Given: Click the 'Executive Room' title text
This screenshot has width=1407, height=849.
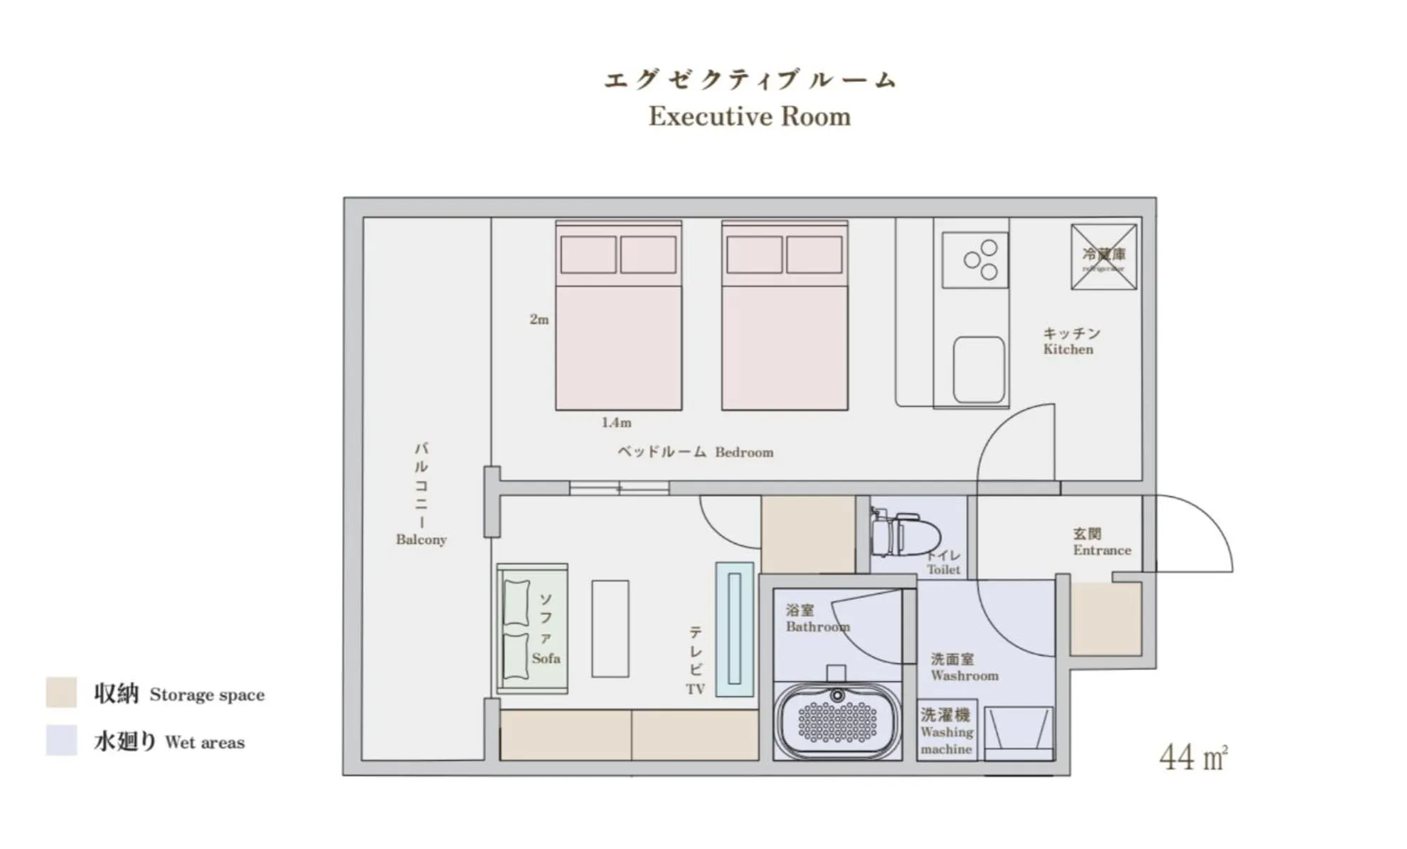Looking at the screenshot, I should coord(749,116).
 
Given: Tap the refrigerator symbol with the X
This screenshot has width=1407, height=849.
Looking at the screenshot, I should coord(1103,257).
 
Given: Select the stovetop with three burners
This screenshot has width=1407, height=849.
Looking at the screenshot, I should coord(975,260).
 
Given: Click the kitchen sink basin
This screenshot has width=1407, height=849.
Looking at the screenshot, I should coord(979,370).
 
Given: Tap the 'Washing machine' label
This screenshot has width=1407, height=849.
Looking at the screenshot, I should coord(946,732).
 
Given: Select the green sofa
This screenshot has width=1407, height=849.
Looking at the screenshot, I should coord(532,628).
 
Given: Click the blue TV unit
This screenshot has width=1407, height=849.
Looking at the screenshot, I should coord(734,628).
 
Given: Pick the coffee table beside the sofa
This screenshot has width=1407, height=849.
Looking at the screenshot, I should coord(610,628).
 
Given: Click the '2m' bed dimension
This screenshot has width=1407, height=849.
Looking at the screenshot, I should coord(539,320).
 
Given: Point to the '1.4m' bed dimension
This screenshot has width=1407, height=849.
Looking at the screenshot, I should coord(616,423).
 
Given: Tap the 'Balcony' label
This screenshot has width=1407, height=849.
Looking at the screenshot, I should coord(421,539).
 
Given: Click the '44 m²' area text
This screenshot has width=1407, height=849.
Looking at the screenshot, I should coord(1193,757).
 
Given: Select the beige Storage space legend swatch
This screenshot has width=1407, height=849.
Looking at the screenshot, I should coord(61,692).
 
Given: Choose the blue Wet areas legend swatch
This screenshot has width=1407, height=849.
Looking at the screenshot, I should coord(61,740).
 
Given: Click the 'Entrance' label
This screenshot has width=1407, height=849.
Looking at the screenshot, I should coord(1102,550).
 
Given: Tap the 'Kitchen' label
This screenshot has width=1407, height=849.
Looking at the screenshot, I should coord(1068,349).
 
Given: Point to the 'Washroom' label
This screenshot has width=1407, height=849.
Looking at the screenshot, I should coord(965,675).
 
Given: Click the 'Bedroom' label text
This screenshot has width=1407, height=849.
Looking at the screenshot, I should coord(744,453).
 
